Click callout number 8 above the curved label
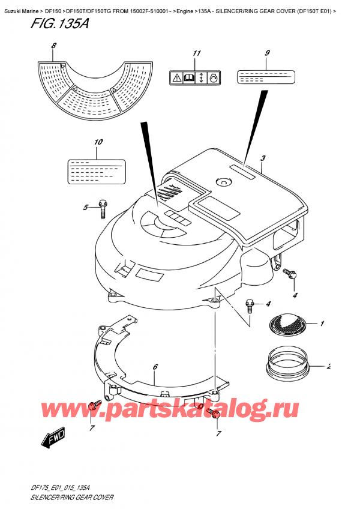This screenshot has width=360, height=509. click(53, 46)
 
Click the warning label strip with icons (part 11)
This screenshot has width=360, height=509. click(196, 77)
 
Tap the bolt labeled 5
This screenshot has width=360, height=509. click(103, 208)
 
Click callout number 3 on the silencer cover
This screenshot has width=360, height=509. click(263, 158)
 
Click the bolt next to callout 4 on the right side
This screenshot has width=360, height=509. click(291, 274)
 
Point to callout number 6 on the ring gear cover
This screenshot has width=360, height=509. click(155, 367)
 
